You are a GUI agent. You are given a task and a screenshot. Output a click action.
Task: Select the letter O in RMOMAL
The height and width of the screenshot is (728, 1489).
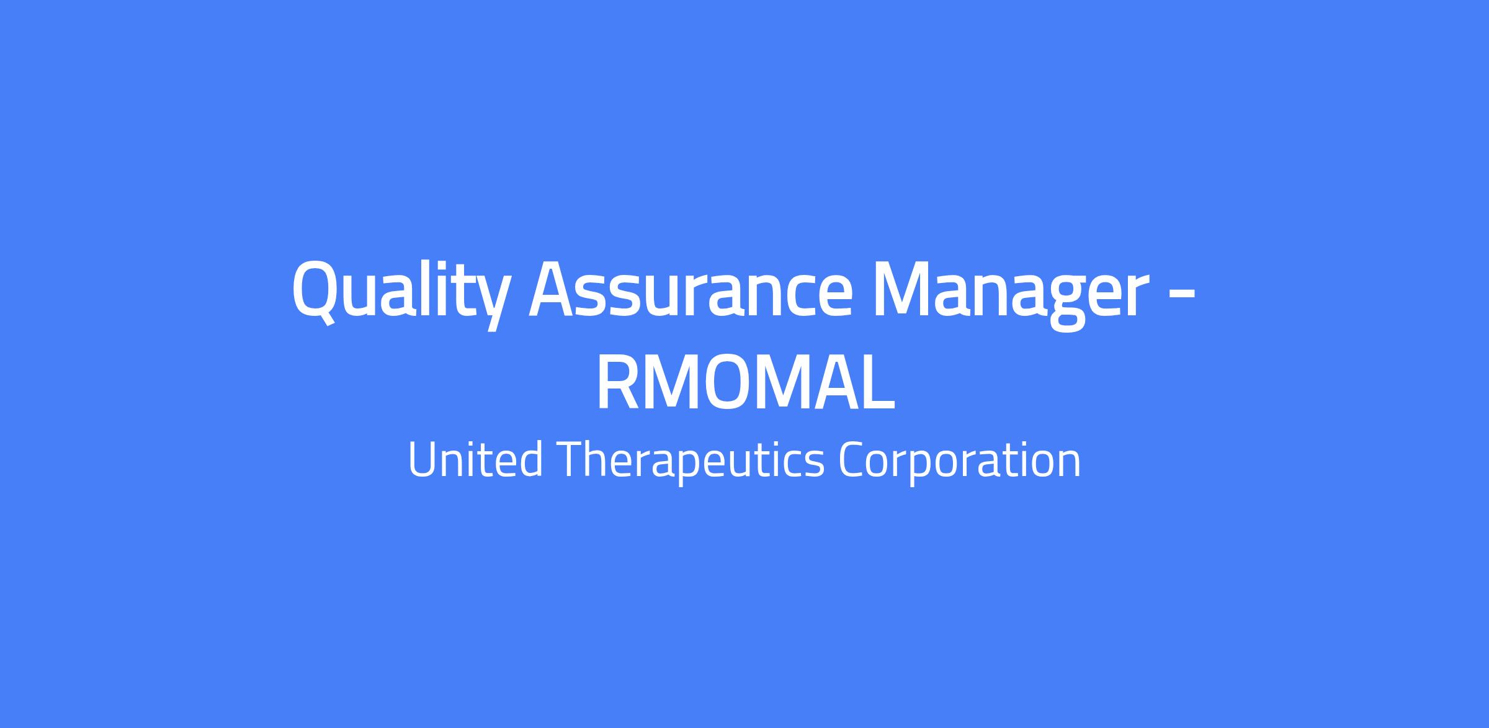click(x=730, y=384)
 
